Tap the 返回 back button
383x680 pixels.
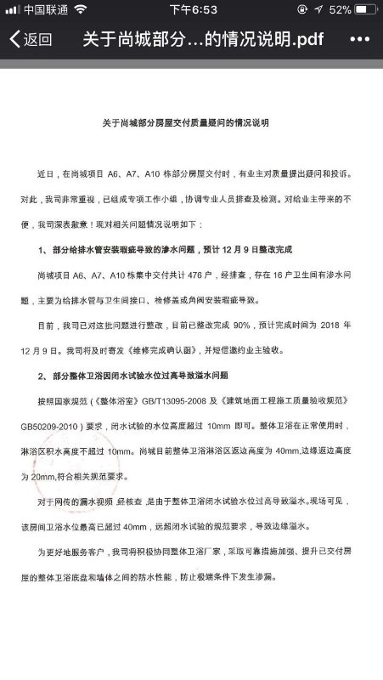(x=31, y=40)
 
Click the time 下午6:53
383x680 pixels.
(x=190, y=9)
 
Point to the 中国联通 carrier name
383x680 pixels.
(x=45, y=9)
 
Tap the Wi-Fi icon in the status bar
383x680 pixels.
(x=80, y=9)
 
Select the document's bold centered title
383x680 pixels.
(x=191, y=123)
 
